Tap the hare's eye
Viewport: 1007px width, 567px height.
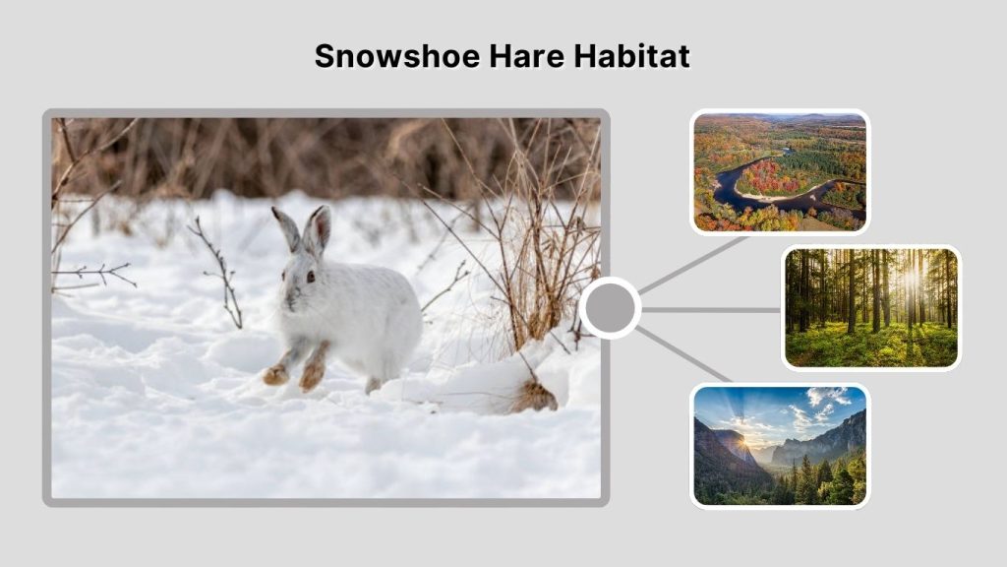[309, 277]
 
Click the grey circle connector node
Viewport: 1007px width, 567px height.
[610, 308]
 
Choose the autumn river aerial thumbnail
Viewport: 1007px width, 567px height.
[779, 172]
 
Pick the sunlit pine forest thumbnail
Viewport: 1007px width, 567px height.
[871, 307]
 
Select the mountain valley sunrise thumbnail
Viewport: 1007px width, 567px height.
[779, 445]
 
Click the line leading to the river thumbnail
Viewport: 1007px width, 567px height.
[694, 263]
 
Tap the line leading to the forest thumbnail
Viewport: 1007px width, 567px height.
[710, 309]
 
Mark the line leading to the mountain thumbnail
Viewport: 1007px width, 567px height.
[683, 354]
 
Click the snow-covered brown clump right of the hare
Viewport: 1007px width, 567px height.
[533, 396]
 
